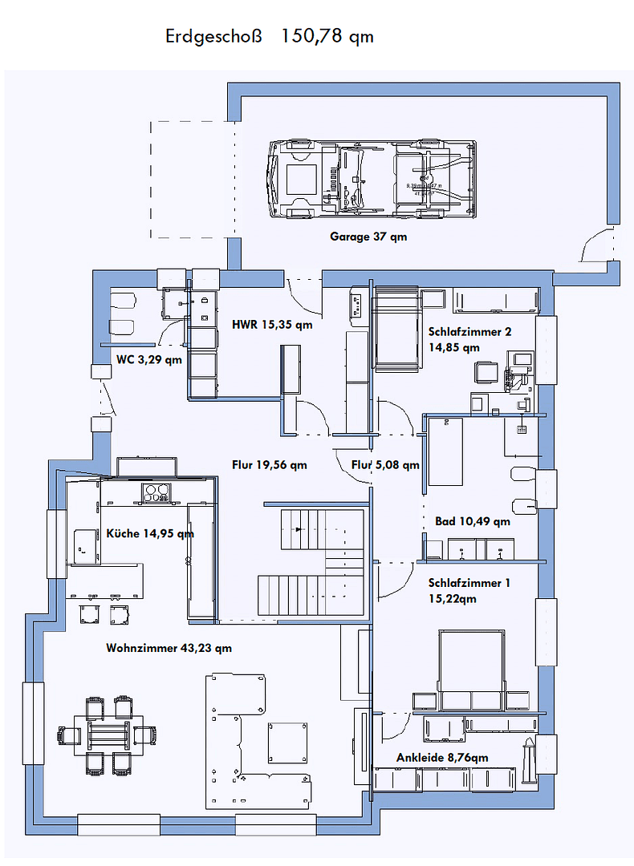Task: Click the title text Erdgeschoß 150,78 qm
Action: [269, 36]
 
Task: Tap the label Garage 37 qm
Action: [368, 237]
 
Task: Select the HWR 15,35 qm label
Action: [272, 325]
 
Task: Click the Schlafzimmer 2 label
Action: [469, 339]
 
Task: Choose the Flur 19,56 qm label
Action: [270, 464]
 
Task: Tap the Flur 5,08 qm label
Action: [385, 464]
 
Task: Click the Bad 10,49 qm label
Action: [472, 521]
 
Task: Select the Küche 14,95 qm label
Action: [150, 533]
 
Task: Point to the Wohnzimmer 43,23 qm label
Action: [169, 648]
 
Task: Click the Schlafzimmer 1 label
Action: [469, 590]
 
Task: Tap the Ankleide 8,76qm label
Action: [442, 757]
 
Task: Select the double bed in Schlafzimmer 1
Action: [471, 670]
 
